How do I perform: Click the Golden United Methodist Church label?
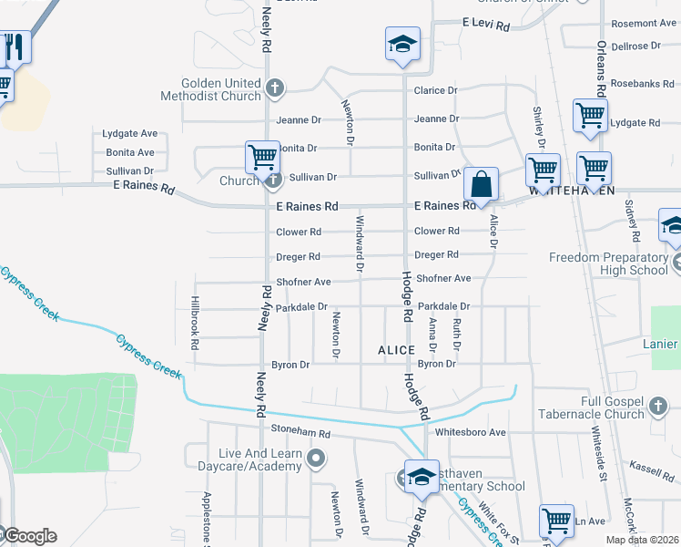pyautogui.click(x=210, y=89)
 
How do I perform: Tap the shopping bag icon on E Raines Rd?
pyautogui.click(x=480, y=185)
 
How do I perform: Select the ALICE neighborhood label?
pyautogui.click(x=397, y=350)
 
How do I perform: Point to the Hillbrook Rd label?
pyautogui.click(x=195, y=323)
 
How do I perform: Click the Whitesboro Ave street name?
pyautogui.click(x=471, y=432)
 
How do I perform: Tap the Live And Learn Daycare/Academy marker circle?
pyautogui.click(x=316, y=458)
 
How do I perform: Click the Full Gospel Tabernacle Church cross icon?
pyautogui.click(x=660, y=403)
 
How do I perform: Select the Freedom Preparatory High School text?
pyautogui.click(x=608, y=263)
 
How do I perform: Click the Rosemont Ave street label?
pyautogui.click(x=644, y=23)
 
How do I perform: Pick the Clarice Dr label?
pyautogui.click(x=435, y=91)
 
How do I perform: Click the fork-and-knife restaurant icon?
pyautogui.click(x=14, y=46)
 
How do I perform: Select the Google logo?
pyautogui.click(x=29, y=536)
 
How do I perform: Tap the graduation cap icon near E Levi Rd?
pyautogui.click(x=401, y=46)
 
